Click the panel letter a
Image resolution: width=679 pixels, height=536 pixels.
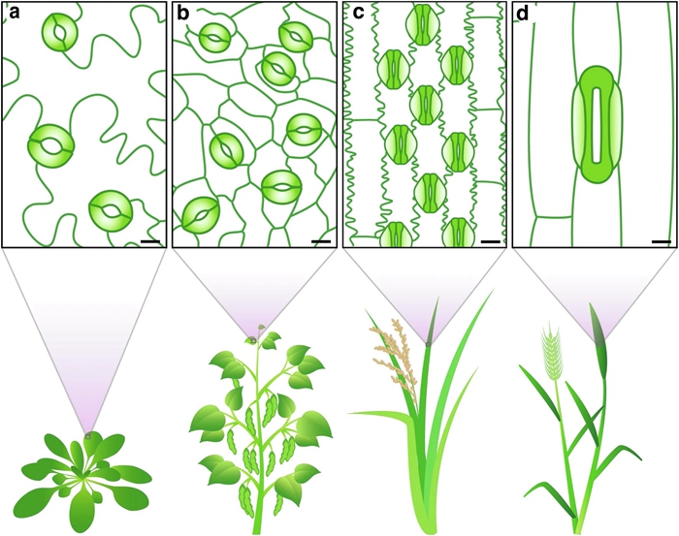coord(15,14)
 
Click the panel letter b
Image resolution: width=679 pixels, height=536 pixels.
coord(183,14)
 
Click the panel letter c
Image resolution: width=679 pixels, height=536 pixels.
coord(359,14)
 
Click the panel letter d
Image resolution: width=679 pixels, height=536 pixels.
coord(523,14)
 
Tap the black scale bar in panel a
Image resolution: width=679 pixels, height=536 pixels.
coord(150,241)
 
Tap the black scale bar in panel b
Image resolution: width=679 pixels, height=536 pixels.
coord(321,241)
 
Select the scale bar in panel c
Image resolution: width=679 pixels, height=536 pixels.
coord(491,241)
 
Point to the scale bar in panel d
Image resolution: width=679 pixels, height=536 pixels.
coord(662,241)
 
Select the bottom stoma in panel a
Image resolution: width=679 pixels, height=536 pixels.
coord(111,210)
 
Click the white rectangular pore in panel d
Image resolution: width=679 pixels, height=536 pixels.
coord(597,125)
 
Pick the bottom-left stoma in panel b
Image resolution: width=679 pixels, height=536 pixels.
coord(200,216)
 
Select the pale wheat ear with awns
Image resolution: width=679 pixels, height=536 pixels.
coord(551,351)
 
